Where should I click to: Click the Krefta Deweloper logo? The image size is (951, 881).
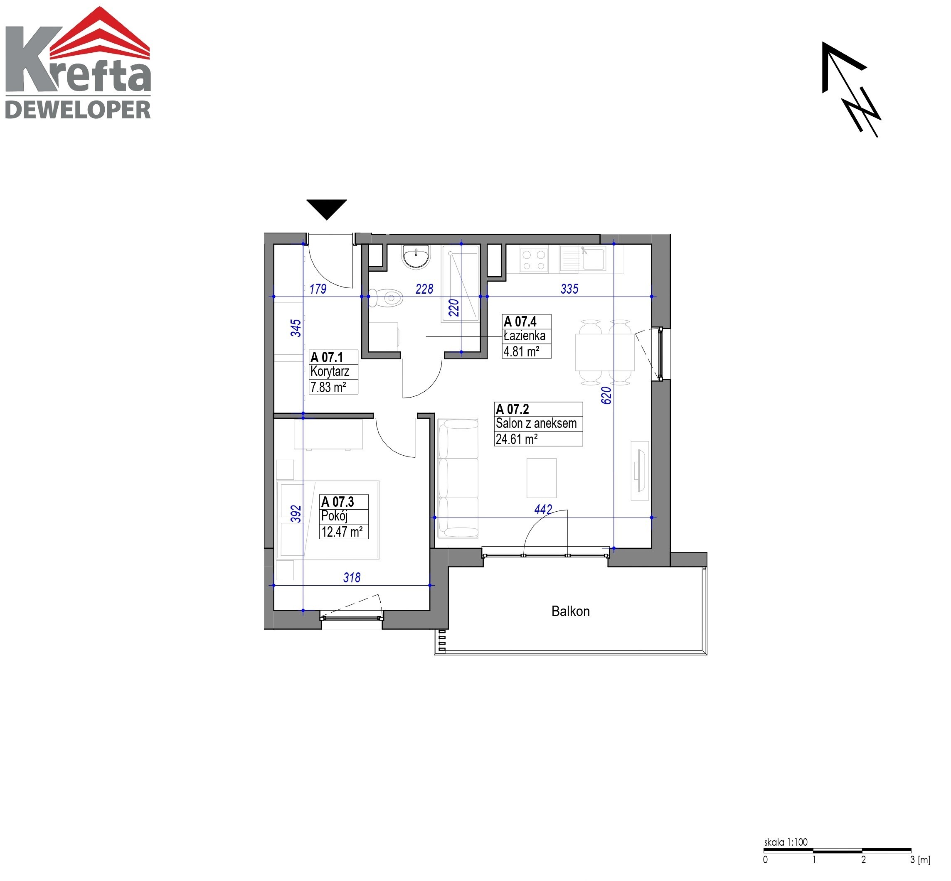(x=78, y=63)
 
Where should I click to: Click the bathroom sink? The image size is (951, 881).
(x=416, y=257)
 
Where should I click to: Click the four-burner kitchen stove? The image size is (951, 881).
(x=534, y=260)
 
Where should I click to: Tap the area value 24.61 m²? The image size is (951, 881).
(x=517, y=439)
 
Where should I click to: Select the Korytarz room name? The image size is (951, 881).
(x=330, y=372)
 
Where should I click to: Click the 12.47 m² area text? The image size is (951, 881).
(x=342, y=532)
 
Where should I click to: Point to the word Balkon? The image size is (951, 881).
(x=570, y=611)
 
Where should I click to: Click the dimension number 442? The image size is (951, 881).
(x=543, y=510)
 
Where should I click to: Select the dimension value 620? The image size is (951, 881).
(x=606, y=396)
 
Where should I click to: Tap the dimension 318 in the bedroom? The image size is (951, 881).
(x=352, y=578)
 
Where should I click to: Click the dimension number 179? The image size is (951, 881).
(x=318, y=289)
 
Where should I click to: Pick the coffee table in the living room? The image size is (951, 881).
(x=541, y=478)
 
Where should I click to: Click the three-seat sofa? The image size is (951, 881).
(x=458, y=478)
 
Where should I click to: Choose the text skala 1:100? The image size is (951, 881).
(x=786, y=842)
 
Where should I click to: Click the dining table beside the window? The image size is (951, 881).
(x=605, y=352)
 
